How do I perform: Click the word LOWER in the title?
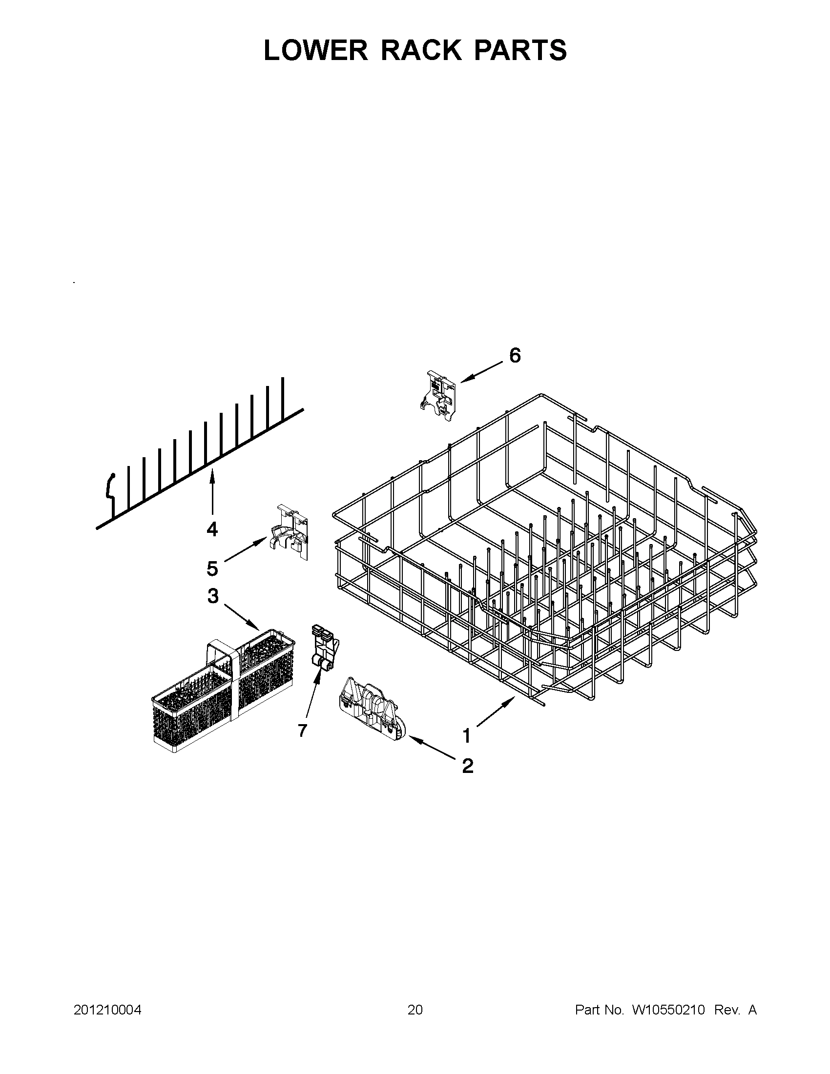pyautogui.click(x=315, y=50)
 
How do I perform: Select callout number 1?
pyautogui.click(x=466, y=736)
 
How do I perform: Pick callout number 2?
pyautogui.click(x=467, y=766)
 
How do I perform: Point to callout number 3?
pyautogui.click(x=212, y=596)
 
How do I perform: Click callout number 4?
pyautogui.click(x=212, y=529)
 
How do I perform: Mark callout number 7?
pyautogui.click(x=302, y=730)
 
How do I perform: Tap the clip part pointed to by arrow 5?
pyautogui.click(x=290, y=532)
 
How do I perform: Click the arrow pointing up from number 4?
pyautogui.click(x=212, y=492)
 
